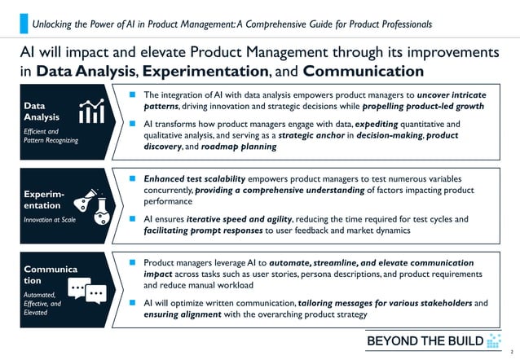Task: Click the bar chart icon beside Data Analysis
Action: (91, 114)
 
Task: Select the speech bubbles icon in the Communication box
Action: (87, 288)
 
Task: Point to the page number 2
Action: (511, 351)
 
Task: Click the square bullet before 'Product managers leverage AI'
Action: (133, 263)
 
